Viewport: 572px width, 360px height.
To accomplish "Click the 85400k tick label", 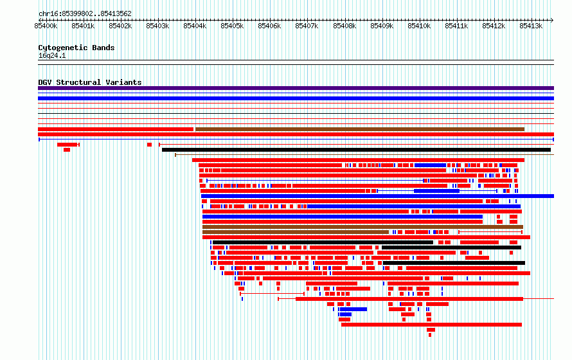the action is coord(46,26).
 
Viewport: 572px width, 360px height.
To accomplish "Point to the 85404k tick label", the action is coord(195,26).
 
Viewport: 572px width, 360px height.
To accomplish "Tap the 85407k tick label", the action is coord(307,26).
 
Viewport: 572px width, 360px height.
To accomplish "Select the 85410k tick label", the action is coord(419,26).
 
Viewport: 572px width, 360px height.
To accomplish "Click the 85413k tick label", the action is coord(531,26).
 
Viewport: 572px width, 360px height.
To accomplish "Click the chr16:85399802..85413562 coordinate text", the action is coord(85,14).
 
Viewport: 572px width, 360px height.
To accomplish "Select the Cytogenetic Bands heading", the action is coord(76,48).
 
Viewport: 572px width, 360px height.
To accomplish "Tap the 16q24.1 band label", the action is coord(52,55).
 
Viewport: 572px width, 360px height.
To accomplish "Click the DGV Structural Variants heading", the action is coord(90,82).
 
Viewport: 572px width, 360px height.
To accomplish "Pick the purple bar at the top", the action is coord(296,88).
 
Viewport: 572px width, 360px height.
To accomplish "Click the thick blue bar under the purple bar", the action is coord(296,98).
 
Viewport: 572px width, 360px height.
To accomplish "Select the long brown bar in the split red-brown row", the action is coord(360,129).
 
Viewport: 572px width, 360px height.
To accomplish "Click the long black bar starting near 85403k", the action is coord(356,150).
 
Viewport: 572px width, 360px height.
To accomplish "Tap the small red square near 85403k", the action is coord(149,145).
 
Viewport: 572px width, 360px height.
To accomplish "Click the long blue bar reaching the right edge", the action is coord(377,196).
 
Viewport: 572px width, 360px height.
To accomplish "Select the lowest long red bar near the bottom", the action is coord(431,325).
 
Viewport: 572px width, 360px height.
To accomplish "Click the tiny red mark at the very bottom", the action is coord(430,335).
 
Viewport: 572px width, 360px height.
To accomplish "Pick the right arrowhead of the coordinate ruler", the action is coord(552,20).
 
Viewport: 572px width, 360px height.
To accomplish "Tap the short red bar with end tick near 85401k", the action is coord(68,145).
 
